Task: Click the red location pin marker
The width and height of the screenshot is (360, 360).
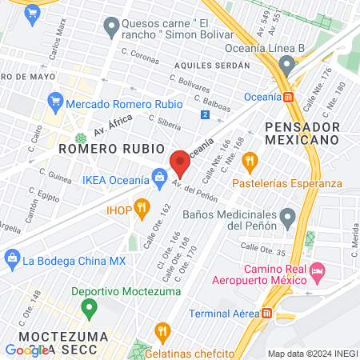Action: (x=180, y=163)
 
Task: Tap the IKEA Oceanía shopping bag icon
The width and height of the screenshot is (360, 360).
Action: (x=160, y=175)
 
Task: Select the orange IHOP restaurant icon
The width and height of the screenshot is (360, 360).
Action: (x=142, y=210)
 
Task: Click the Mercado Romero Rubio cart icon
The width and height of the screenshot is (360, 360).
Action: (x=55, y=101)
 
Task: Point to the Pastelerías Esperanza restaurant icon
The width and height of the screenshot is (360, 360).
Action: (x=250, y=161)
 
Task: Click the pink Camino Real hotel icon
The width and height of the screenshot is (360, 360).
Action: (x=317, y=273)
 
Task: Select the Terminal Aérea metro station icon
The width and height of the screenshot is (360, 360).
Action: (x=266, y=313)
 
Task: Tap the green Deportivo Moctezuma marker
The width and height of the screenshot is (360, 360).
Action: (x=90, y=307)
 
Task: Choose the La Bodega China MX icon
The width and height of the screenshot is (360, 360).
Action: (x=12, y=259)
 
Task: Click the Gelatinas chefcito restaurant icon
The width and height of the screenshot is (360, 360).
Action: (x=162, y=330)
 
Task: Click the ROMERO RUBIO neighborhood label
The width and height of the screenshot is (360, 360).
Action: (x=110, y=150)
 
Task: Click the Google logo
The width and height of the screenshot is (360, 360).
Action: (x=26, y=350)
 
